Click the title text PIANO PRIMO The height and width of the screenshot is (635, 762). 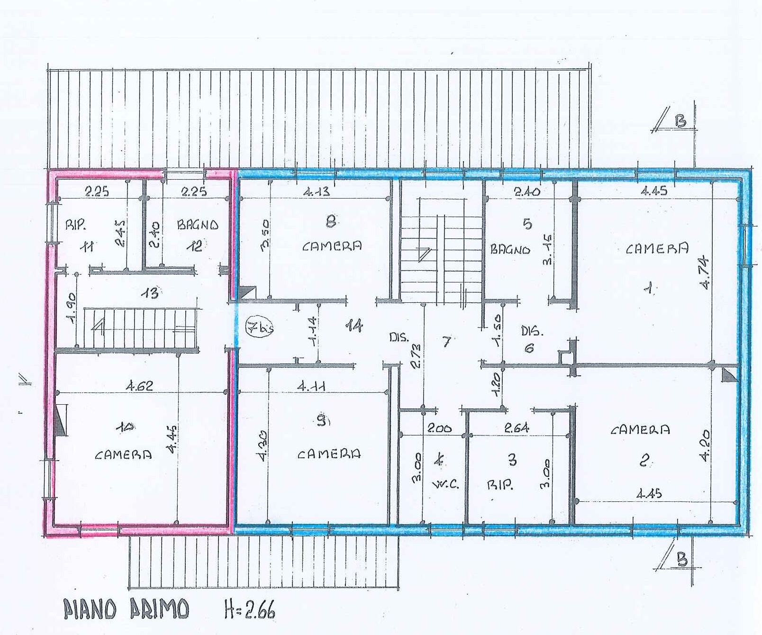point(127,608)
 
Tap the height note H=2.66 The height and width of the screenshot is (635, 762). point(250,608)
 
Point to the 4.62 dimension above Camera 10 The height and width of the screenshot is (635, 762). point(139,386)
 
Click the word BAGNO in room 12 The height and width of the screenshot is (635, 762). point(198,225)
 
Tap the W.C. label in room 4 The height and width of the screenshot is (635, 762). point(445,484)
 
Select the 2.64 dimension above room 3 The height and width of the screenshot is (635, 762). point(517,428)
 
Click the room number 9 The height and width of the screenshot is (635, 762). point(322,420)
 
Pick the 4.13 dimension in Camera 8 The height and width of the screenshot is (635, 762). point(317,191)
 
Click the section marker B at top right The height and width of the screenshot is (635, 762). point(680,122)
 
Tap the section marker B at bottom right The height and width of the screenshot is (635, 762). point(681,561)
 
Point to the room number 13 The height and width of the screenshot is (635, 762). point(151,293)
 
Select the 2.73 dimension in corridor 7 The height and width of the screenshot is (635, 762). point(416,356)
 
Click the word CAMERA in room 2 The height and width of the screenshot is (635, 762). point(640,430)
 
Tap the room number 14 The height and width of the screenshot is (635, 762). point(354,326)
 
